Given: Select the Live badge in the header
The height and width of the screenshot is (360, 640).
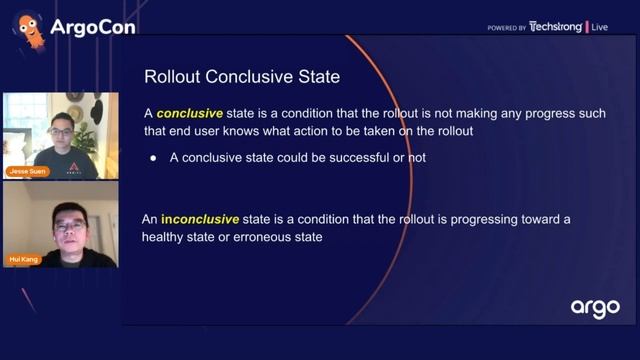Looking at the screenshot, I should tap(600, 27).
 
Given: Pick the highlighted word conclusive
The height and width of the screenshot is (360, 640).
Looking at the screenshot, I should tap(191, 114).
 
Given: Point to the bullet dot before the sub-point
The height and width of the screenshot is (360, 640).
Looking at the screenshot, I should tap(153, 157).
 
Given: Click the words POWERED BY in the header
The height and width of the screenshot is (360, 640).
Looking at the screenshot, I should tap(507, 28).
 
